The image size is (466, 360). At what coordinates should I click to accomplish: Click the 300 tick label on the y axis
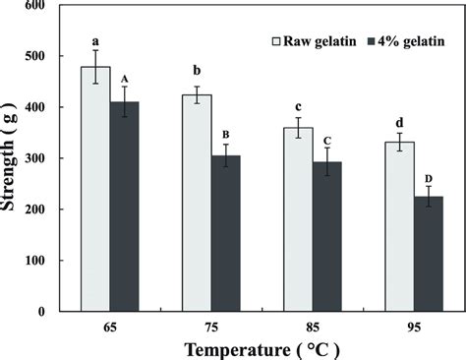(x=37, y=158)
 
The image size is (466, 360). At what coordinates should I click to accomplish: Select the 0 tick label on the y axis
(x=45, y=312)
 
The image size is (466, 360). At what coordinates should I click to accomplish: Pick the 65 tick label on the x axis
(x=109, y=325)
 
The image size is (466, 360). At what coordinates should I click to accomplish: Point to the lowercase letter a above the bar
(x=94, y=41)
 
